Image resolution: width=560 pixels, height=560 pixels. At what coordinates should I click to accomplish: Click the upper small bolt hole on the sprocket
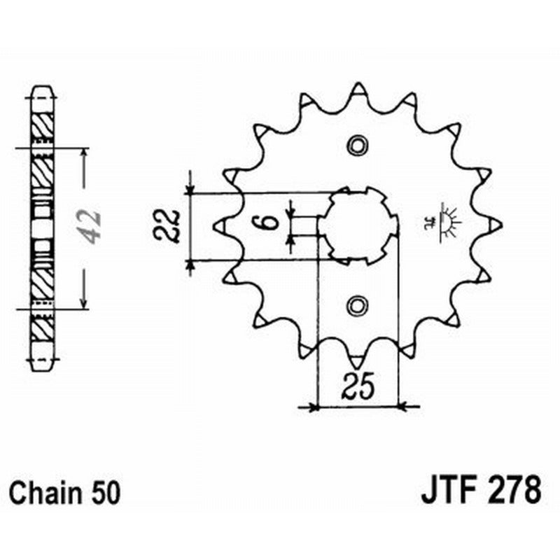click(x=358, y=146)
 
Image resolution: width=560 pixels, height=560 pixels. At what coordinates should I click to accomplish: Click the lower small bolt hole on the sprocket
click(x=358, y=305)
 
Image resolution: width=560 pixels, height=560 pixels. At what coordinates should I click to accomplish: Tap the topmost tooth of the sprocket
click(x=358, y=90)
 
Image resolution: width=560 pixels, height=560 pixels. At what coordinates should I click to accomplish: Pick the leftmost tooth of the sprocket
click(x=218, y=225)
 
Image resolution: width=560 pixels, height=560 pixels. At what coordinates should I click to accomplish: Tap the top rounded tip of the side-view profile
click(x=42, y=90)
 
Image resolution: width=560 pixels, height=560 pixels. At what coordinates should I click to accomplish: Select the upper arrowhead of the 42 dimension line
click(x=84, y=153)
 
